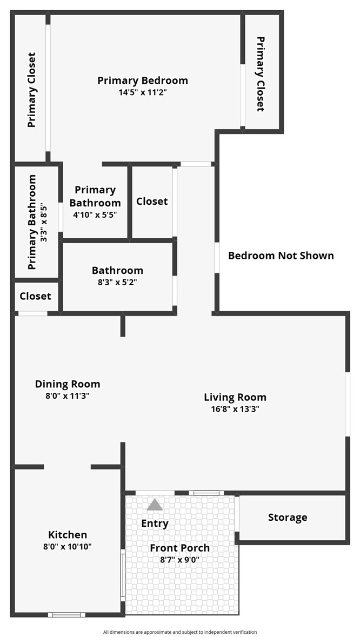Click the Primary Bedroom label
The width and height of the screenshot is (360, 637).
[x=143, y=81]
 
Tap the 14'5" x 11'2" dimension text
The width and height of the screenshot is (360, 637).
[x=143, y=92]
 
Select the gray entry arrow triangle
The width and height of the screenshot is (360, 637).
[x=155, y=505]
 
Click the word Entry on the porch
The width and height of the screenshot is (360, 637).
[x=155, y=523]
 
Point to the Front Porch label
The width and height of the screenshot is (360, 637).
[x=180, y=548]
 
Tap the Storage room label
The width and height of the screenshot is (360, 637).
[x=288, y=518]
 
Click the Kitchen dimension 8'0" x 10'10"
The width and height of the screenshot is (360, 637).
[x=68, y=547]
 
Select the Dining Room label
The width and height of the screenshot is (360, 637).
[x=68, y=384]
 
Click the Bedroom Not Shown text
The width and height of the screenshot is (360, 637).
[x=281, y=256]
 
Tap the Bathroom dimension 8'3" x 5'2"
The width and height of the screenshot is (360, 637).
[x=117, y=283]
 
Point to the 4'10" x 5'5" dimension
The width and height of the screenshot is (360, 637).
[x=96, y=215]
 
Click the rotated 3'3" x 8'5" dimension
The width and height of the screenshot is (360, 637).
[x=44, y=223]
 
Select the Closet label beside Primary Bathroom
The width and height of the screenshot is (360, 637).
[x=152, y=201]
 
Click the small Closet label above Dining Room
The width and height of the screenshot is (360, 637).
[x=36, y=296]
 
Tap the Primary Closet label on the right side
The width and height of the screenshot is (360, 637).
[x=261, y=74]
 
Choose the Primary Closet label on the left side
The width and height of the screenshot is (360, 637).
[x=32, y=90]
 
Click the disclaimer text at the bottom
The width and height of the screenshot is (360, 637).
[x=180, y=632]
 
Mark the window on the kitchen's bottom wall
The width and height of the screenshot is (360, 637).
[x=66, y=615]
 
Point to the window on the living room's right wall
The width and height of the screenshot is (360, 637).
[x=348, y=404]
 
